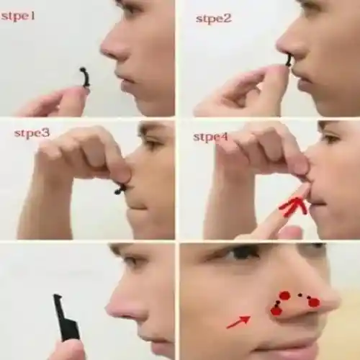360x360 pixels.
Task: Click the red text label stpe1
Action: point(18,15)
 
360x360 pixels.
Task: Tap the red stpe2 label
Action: point(213,18)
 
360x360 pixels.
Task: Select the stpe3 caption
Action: point(32,133)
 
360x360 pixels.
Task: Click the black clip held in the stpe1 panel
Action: point(85,77)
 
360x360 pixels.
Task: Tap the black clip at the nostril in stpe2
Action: point(289,60)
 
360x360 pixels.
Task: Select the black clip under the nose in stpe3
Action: point(120,189)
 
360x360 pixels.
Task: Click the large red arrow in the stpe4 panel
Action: point(294,206)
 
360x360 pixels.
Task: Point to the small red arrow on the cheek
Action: point(238,321)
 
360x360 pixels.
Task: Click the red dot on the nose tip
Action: point(314,302)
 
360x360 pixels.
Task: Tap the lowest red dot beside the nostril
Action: point(276,310)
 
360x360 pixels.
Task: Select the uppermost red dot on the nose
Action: point(284,295)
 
